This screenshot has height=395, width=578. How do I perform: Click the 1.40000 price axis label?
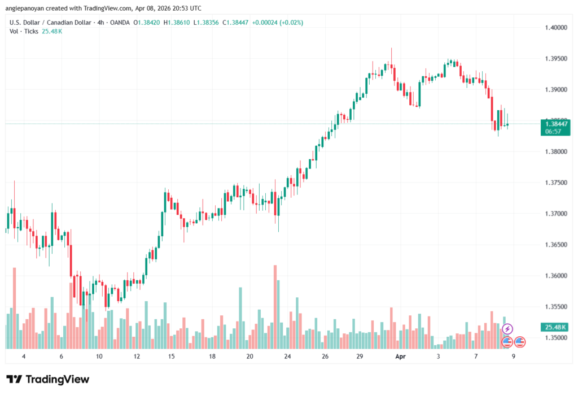556,27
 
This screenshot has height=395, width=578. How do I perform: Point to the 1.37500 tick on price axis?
556,183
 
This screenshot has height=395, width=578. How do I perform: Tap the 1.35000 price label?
556,338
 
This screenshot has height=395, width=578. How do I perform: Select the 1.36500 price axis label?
556,245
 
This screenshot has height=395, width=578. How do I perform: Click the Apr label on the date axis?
400,357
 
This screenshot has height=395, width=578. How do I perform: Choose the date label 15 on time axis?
171,357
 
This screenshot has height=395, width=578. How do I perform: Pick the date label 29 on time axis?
360,357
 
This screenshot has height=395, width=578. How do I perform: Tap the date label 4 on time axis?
23,357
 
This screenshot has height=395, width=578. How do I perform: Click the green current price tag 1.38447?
555,123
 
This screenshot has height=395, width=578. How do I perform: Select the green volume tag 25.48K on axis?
555,327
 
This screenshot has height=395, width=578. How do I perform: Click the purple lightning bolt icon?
507,329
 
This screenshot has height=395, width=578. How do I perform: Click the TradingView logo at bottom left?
47,379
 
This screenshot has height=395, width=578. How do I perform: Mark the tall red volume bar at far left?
15,308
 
